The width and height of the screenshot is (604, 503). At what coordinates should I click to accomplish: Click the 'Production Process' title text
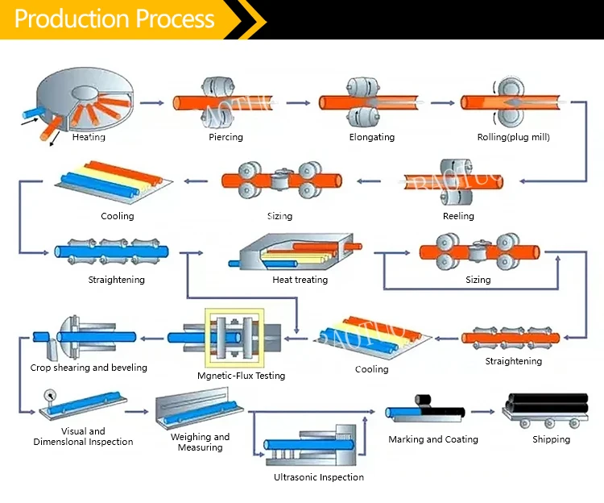(115, 19)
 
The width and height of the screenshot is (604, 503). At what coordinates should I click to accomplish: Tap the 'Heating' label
(89, 137)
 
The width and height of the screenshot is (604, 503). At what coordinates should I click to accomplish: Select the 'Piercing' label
(225, 137)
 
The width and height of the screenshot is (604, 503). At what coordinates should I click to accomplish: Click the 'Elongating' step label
(372, 137)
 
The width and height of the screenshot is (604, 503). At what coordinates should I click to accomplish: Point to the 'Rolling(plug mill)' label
(513, 137)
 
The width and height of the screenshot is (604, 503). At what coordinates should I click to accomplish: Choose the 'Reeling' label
(458, 216)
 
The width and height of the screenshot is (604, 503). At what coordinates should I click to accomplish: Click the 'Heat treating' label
(300, 280)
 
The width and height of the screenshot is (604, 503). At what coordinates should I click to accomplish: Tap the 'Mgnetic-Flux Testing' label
(241, 376)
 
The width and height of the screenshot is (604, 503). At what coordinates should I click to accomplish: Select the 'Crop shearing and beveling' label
(89, 368)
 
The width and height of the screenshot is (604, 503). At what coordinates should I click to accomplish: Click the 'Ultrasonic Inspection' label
(319, 477)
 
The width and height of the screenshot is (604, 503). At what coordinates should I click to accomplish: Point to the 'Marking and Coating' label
(433, 439)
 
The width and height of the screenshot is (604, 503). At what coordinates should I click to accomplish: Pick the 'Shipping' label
(551, 439)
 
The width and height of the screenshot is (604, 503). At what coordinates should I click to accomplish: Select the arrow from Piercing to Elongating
(297, 102)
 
